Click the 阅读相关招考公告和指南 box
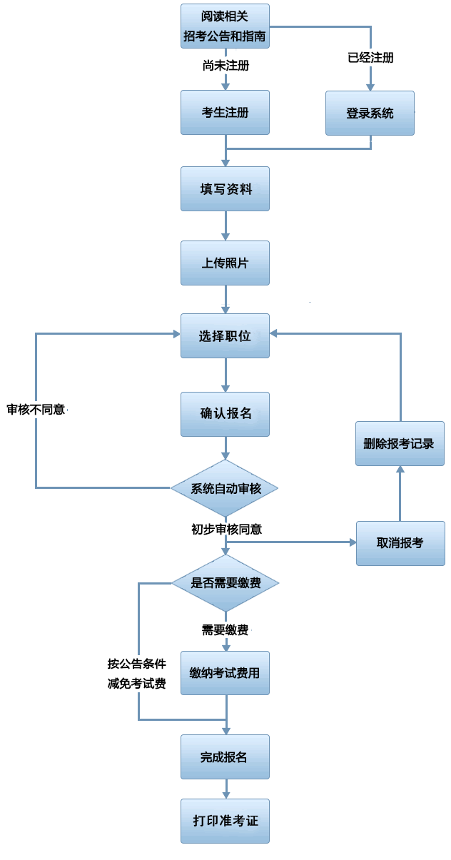[225, 26]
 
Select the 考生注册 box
[225, 112]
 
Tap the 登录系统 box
[370, 113]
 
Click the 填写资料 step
[225, 189]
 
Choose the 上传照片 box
[225, 263]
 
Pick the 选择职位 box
[225, 335]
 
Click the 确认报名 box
[225, 414]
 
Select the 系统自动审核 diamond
[225, 489]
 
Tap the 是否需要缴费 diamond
[225, 583]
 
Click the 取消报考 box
[400, 543]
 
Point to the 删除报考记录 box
[400, 443]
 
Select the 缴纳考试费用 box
[225, 673]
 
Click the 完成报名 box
[225, 757]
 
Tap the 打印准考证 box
[225, 821]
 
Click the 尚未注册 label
[225, 66]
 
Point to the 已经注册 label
[370, 57]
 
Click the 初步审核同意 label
[226, 529]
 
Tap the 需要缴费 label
[225, 629]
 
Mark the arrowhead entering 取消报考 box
[352, 542]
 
